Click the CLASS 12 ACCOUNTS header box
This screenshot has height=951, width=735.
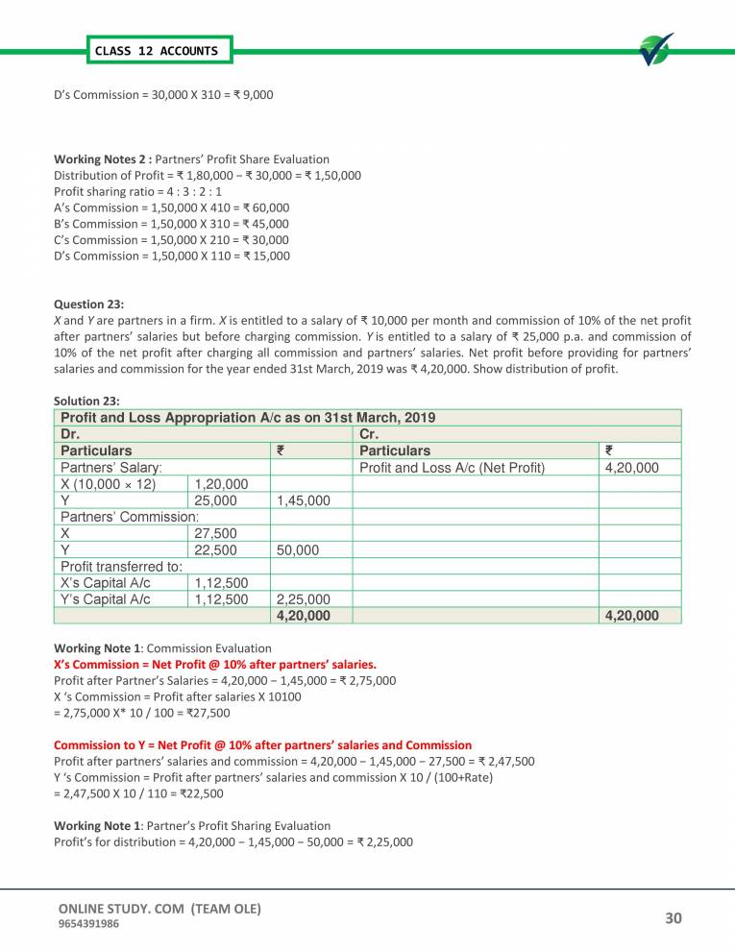pyautogui.click(x=156, y=50)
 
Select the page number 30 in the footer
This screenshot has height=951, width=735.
pyautogui.click(x=673, y=919)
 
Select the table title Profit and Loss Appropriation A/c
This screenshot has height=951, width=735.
pyautogui.click(x=248, y=418)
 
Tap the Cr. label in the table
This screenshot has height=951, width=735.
pyautogui.click(x=370, y=434)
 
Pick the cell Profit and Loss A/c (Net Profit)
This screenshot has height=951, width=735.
pyautogui.click(x=451, y=468)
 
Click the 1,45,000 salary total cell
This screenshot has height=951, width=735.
pyautogui.click(x=303, y=500)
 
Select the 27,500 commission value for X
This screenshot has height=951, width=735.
pyautogui.click(x=216, y=533)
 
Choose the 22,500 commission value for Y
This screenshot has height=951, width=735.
pyautogui.click(x=216, y=549)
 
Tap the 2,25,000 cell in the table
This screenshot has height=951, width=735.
pyautogui.click(x=303, y=598)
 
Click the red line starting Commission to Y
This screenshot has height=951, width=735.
pyautogui.click(x=262, y=744)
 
